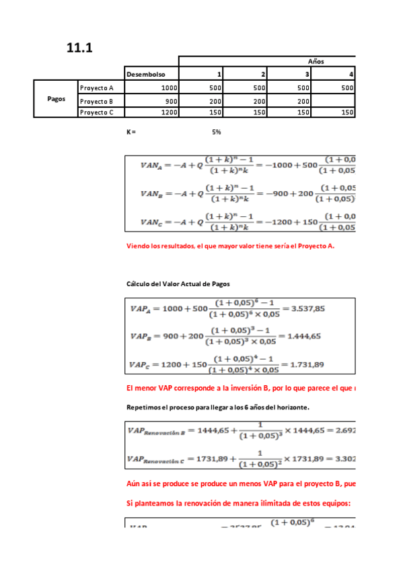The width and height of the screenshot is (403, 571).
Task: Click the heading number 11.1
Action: click(x=79, y=47)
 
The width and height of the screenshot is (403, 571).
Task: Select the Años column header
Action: click(x=316, y=61)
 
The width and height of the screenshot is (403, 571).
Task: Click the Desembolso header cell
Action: click(x=146, y=74)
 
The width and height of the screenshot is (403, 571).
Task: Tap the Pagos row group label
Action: click(x=57, y=98)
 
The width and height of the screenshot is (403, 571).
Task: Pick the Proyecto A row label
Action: click(x=97, y=88)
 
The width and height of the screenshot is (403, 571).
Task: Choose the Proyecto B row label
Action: click(x=97, y=100)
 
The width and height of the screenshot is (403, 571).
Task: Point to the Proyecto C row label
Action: click(x=97, y=112)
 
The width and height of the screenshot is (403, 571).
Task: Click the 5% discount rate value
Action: click(x=216, y=132)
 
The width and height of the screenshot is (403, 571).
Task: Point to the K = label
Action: click(x=131, y=132)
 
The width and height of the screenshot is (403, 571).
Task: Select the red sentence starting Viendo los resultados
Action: click(x=231, y=246)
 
